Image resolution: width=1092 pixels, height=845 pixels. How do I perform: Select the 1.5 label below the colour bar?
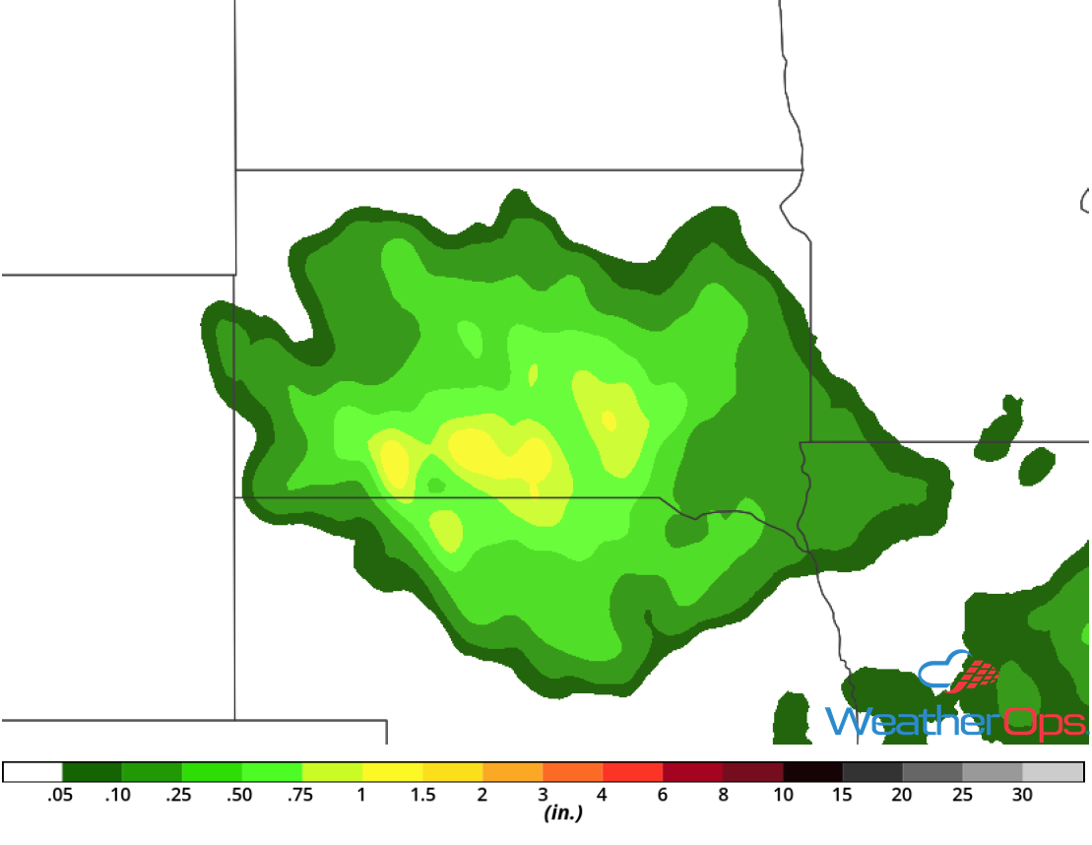coord(422,796)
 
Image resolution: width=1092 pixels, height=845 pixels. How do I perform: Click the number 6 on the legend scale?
coord(663,796)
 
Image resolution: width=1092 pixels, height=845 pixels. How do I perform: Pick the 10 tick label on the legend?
coord(783,796)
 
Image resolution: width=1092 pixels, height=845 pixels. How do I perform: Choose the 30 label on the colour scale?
coord(1023,796)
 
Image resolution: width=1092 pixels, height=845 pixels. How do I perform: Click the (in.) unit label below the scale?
coord(562,814)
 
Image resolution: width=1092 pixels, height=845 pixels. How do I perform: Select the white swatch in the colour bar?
coord(32,772)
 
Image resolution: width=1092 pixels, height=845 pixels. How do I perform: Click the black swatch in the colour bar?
coord(813,772)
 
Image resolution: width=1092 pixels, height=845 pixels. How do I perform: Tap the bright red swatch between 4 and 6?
coord(633,772)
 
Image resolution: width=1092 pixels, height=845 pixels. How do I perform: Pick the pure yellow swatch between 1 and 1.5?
coord(393,772)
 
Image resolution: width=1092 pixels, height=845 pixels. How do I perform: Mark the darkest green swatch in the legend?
coord(92,772)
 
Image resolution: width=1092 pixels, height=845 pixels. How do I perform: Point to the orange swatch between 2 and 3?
coord(513,772)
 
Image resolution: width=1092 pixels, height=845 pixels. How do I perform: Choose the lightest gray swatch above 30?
coord(1054,772)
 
